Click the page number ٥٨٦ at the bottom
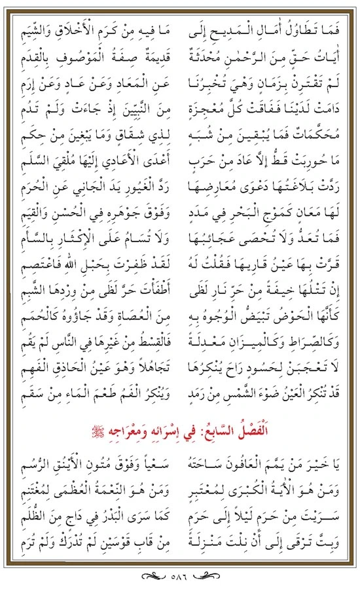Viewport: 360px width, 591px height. click(179, 577)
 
